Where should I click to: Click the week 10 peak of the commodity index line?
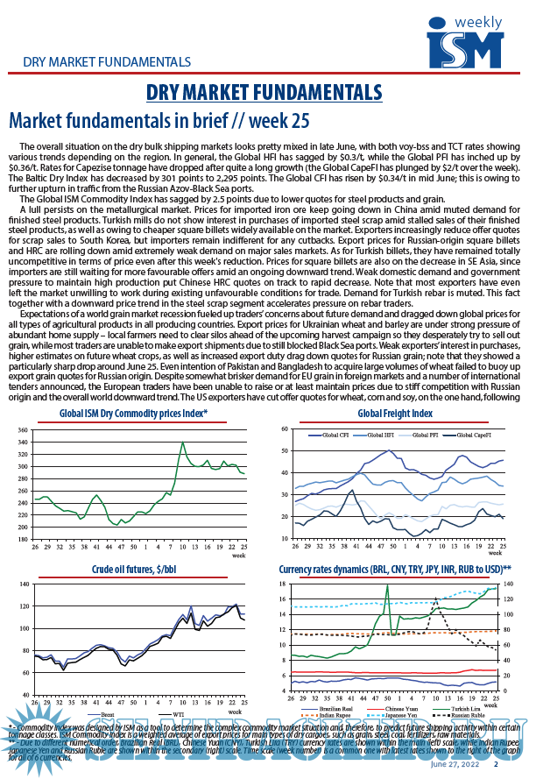[x=182, y=443]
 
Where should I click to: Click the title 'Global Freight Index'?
[x=395, y=413]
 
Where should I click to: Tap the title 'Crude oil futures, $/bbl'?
[x=132, y=569]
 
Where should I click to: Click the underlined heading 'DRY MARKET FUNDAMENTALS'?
[x=263, y=92]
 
